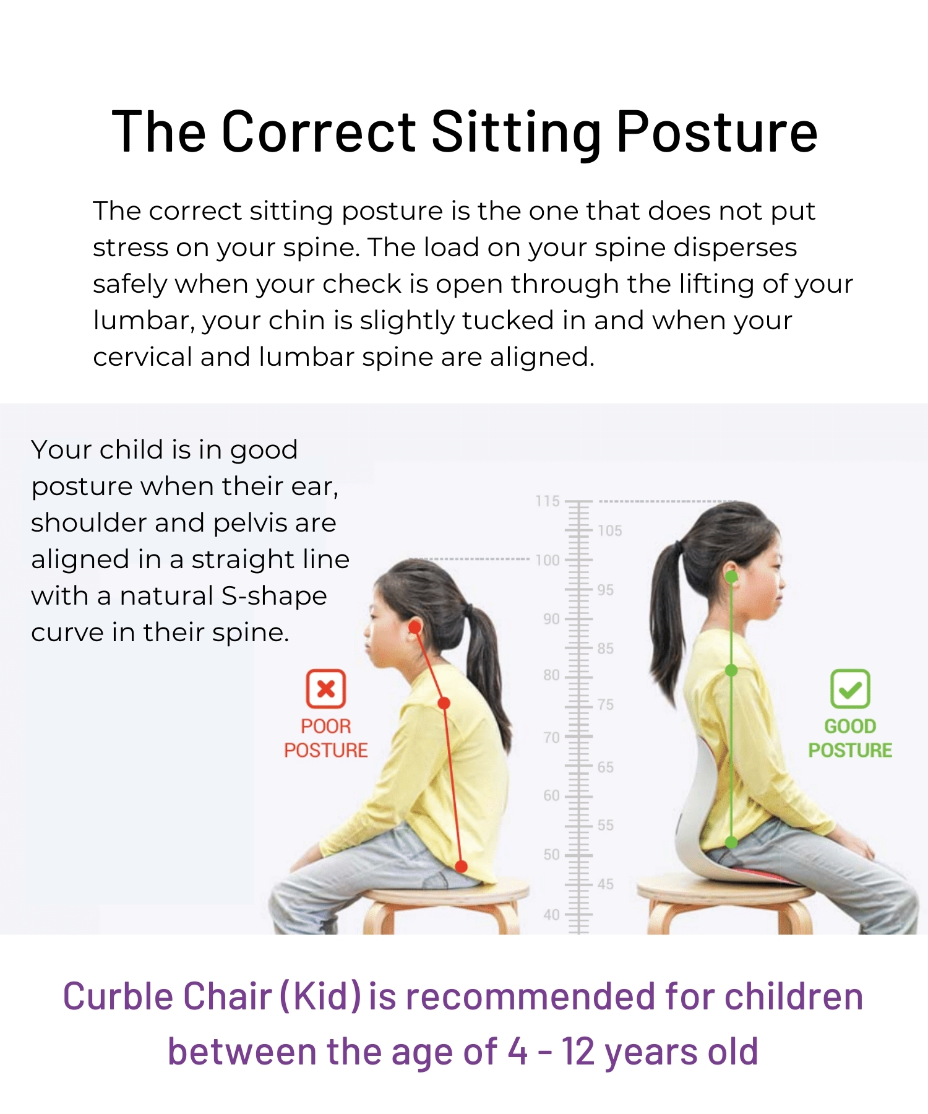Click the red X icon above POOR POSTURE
click(326, 688)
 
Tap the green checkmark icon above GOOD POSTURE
click(850, 688)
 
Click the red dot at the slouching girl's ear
click(415, 627)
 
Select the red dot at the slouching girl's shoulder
click(444, 703)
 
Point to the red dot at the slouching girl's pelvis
click(461, 866)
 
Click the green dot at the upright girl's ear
click(731, 577)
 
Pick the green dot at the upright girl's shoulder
click(731, 670)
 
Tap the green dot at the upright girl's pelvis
click(731, 842)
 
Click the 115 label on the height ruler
click(548, 501)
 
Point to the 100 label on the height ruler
click(548, 560)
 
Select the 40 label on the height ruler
click(552, 914)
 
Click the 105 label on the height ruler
click(610, 530)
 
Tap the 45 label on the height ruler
click(606, 884)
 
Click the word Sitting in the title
click(516, 132)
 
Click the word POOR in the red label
click(326, 726)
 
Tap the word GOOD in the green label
click(850, 726)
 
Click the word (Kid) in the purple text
click(320, 996)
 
